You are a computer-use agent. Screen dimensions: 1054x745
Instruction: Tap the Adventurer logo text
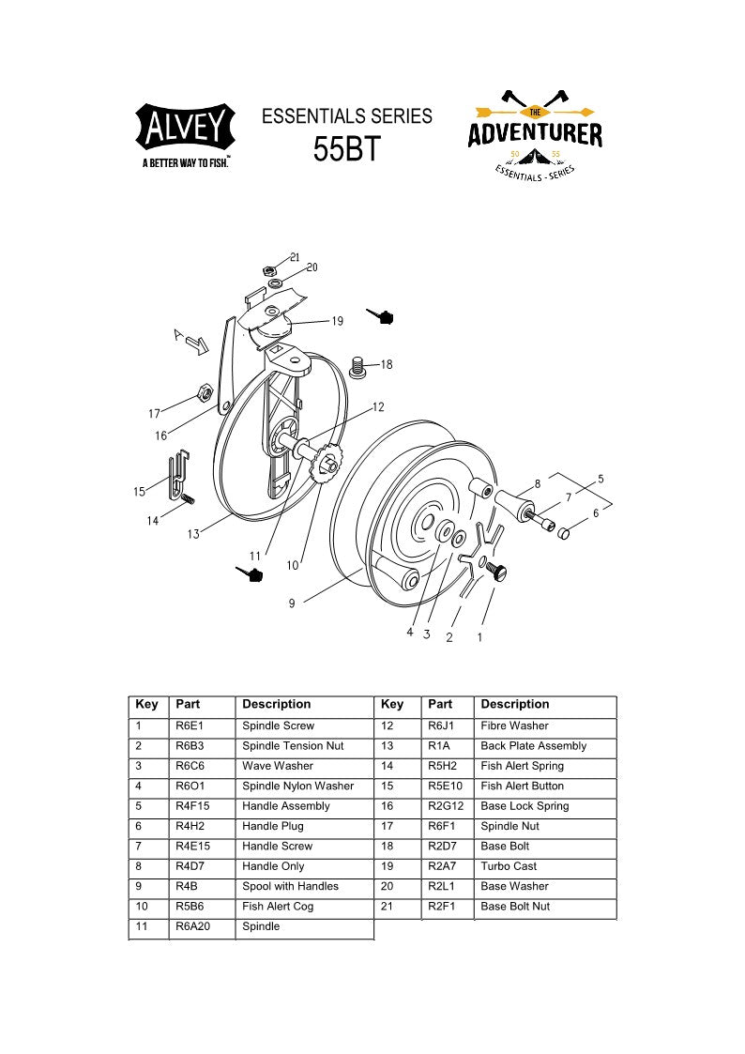pos(535,134)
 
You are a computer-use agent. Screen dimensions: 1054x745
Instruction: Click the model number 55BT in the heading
pos(346,149)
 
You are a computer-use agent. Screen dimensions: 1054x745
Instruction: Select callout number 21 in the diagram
pos(295,257)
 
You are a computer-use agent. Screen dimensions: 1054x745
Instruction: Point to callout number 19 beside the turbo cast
pos(337,321)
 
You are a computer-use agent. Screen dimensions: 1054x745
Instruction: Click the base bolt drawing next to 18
pos(357,366)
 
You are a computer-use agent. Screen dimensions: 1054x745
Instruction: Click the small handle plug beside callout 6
pos(565,533)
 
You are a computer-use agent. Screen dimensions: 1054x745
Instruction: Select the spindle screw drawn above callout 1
pos(498,569)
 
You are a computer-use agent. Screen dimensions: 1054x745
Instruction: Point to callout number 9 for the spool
pos(292,603)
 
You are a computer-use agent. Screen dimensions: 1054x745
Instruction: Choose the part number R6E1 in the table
pos(190,726)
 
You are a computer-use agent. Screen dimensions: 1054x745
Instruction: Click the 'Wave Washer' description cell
pos(278,766)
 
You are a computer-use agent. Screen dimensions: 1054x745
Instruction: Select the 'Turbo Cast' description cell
pos(509,866)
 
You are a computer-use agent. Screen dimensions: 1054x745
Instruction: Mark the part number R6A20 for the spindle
pos(192,926)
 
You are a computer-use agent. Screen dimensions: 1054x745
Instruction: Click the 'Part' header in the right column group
pos(439,704)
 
